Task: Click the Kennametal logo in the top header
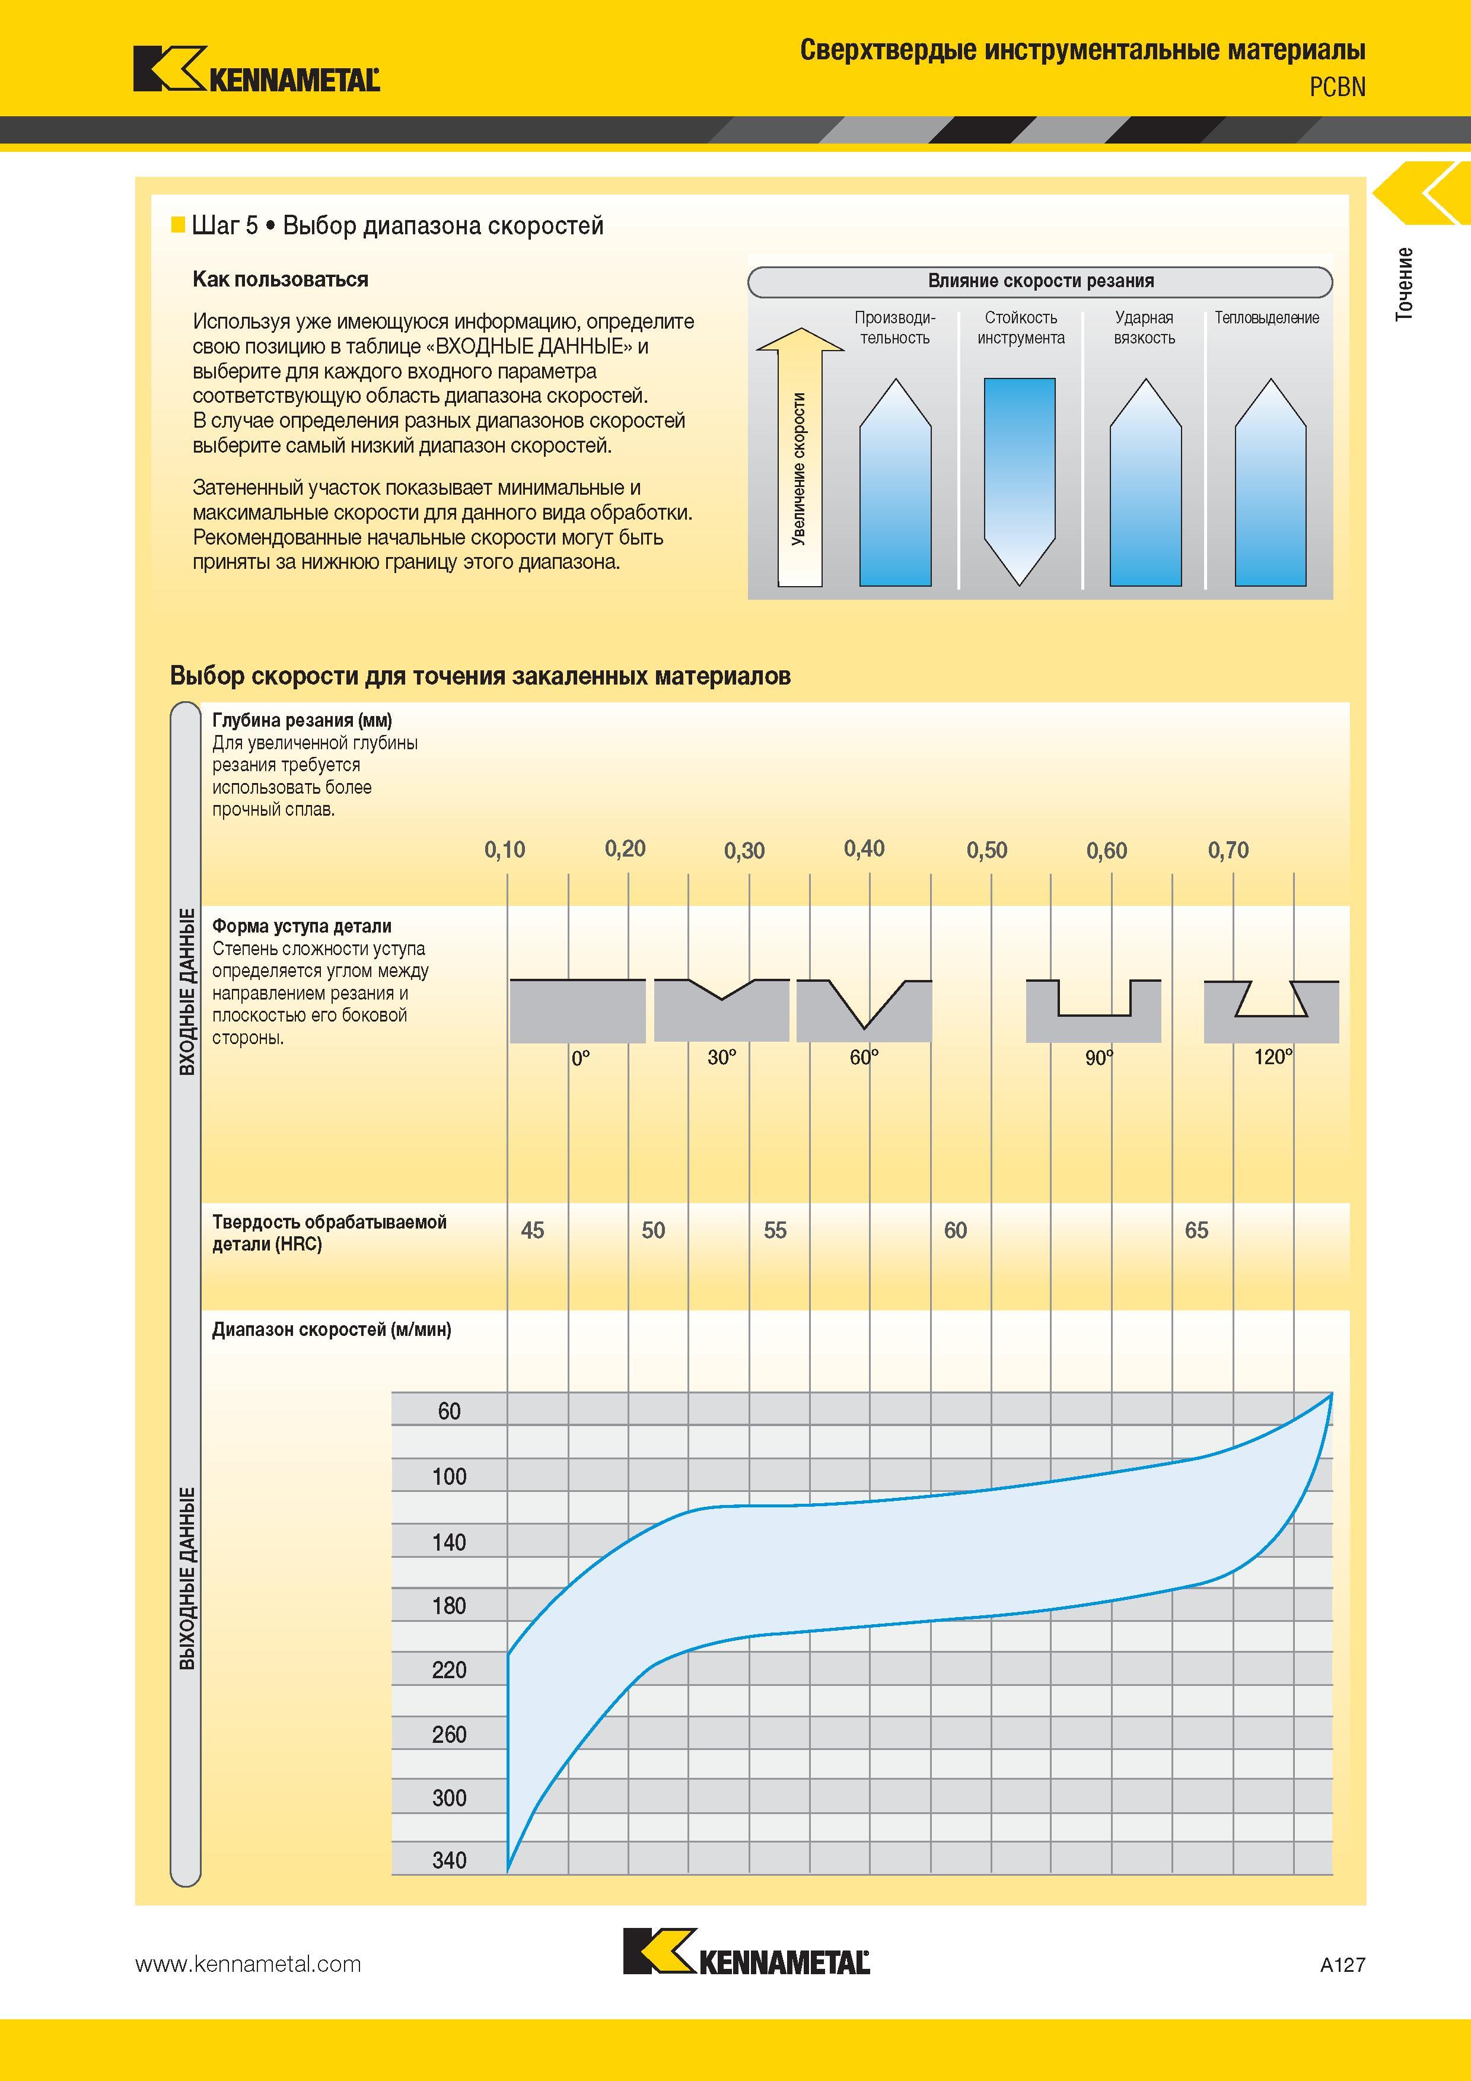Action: pos(256,70)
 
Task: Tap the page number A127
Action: pos(1342,1965)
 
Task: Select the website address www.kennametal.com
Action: pos(249,1964)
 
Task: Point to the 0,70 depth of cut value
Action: pos(1228,850)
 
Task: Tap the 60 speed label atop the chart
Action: pos(450,1411)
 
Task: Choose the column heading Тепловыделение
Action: pos(1267,318)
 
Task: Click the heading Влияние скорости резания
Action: pos(1040,281)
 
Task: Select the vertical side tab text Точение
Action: pos(1404,283)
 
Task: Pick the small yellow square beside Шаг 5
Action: pos(177,225)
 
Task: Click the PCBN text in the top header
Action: pos(1337,87)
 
